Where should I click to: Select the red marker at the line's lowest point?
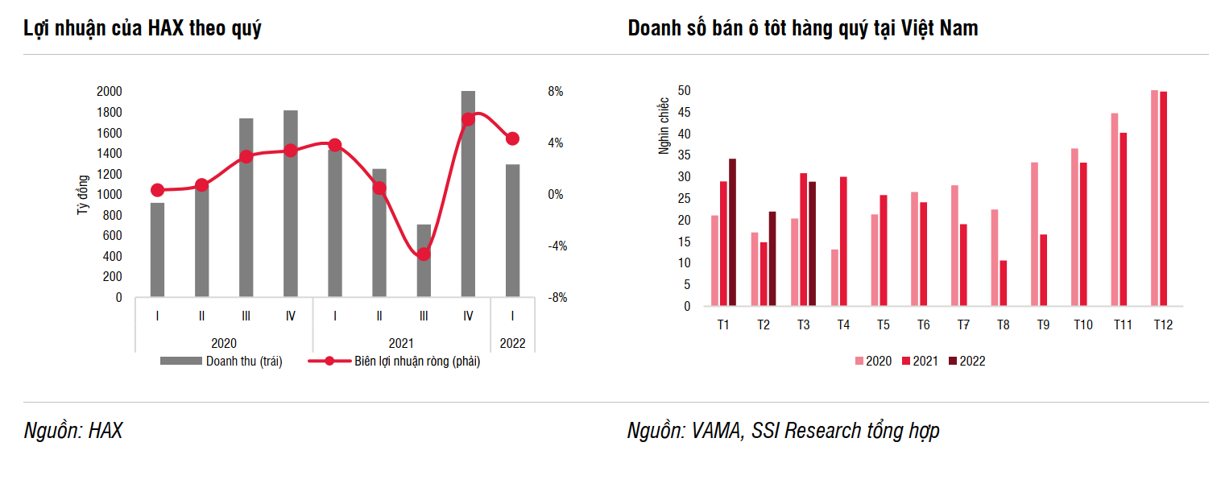(x=424, y=254)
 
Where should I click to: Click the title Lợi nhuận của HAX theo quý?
(x=142, y=28)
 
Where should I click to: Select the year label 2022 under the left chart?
(x=512, y=344)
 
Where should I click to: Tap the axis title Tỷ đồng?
(x=81, y=195)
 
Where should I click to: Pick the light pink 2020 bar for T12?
(x=1154, y=198)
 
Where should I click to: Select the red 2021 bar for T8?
(x=1003, y=283)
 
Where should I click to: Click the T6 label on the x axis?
(x=923, y=325)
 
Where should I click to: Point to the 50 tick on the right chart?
(x=684, y=90)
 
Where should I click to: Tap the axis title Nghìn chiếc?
(x=664, y=126)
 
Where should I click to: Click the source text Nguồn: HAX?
(x=72, y=431)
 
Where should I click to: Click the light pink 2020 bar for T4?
(x=834, y=278)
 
